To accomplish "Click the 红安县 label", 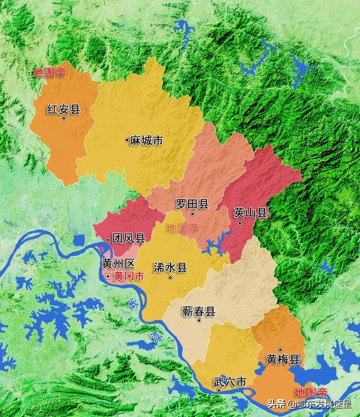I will [64, 110].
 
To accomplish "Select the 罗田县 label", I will [192, 204].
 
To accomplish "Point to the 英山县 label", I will [250, 212].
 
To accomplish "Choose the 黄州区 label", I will [118, 264].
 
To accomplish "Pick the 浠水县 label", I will [170, 267].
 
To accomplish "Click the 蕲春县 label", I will [199, 311].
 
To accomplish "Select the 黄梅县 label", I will [283, 359].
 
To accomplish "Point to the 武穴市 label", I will [230, 382].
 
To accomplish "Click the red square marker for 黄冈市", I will [108, 276].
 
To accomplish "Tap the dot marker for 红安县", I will [64, 119].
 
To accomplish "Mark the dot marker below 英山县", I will [240, 223].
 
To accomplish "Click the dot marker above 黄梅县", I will [280, 350].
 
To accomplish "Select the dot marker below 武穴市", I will [219, 390].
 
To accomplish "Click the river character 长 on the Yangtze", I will [132, 303].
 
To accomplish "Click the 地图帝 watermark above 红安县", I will [49, 73].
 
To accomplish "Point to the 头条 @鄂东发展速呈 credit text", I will [309, 404].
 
